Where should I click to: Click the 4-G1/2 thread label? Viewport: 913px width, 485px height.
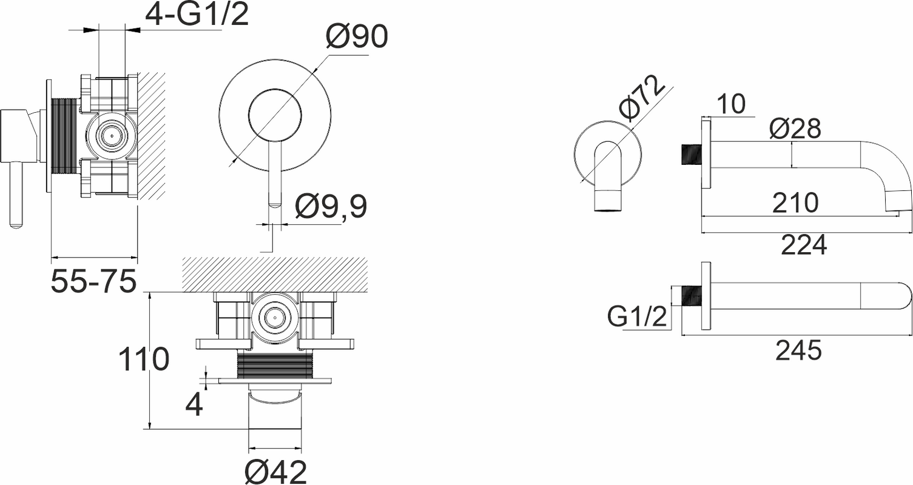click(197, 16)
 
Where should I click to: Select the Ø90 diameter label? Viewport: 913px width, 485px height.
click(357, 36)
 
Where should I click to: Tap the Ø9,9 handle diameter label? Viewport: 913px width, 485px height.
click(331, 206)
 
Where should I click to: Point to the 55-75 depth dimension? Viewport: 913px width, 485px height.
click(93, 281)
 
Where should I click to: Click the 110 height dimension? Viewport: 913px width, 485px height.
click(143, 359)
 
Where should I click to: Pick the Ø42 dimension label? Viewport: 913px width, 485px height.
click(275, 472)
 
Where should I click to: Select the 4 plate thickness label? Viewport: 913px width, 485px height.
click(194, 405)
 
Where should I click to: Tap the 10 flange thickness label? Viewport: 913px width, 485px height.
click(731, 104)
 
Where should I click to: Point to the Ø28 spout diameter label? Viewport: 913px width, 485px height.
click(795, 129)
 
